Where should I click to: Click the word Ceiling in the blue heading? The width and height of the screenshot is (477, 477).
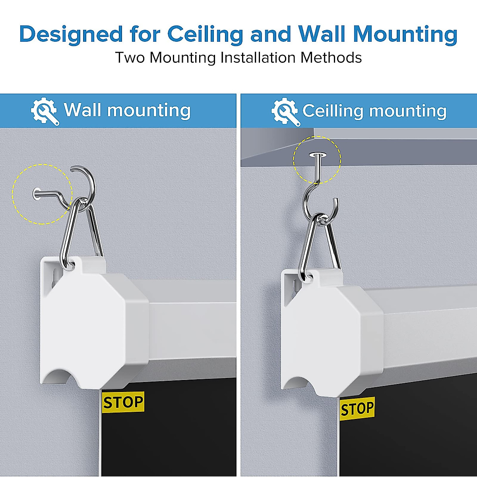pyautogui.click(x=205, y=34)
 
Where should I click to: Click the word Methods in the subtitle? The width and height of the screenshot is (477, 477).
pyautogui.click(x=331, y=58)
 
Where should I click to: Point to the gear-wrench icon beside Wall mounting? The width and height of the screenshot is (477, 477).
pyautogui.click(x=45, y=111)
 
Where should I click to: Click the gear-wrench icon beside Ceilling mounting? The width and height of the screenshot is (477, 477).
pyautogui.click(x=285, y=111)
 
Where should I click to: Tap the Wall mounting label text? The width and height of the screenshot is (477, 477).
pyautogui.click(x=127, y=110)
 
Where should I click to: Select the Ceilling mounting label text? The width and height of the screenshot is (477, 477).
pyautogui.click(x=374, y=111)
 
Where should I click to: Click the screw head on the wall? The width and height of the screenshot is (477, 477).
pyautogui.click(x=36, y=194)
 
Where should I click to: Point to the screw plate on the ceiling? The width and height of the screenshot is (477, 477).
pyautogui.click(x=317, y=155)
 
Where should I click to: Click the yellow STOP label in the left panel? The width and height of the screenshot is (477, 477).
pyautogui.click(x=123, y=402)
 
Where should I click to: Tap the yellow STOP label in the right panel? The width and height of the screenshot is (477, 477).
pyautogui.click(x=357, y=409)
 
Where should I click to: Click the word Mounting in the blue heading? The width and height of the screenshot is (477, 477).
pyautogui.click(x=405, y=34)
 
